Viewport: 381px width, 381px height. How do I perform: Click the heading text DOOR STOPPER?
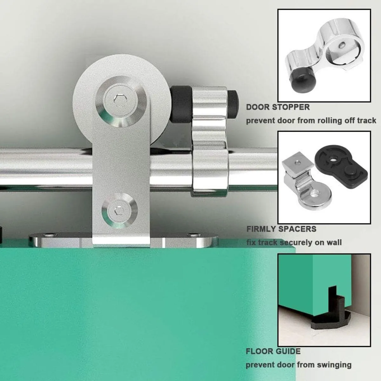[x=278, y=107]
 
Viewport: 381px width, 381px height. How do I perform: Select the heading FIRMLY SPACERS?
[x=281, y=229]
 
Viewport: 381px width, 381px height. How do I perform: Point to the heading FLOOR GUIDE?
[x=273, y=351]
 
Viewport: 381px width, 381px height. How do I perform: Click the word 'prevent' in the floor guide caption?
[x=260, y=365]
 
